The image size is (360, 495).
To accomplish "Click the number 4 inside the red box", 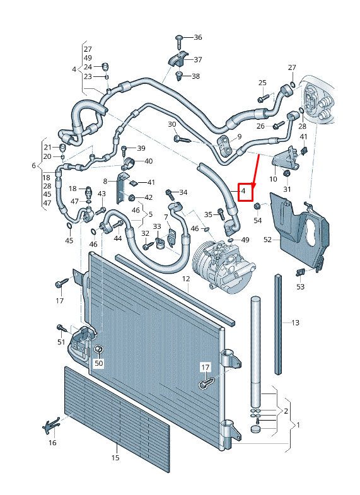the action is pos(243,191).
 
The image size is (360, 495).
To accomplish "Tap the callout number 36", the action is pos(198,37).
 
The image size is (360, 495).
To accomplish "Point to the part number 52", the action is pos(267,240).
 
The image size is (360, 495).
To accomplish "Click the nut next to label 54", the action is pos(257,206).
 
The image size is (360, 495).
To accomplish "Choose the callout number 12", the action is pos(186,279).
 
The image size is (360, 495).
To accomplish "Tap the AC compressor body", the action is pos(223,266).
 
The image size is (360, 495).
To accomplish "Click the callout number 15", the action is pos(115,457).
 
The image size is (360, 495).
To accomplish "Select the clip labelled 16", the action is pos(51,426).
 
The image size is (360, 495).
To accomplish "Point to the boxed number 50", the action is pos(99,363).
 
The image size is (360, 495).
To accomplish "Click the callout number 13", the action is pos(295,323).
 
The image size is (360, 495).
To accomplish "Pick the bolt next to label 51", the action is pos(62,329).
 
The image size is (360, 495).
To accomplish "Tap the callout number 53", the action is pos(300,287).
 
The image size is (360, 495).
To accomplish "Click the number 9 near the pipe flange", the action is pos(240,137).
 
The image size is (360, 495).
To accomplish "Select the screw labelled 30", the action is pos(182,139).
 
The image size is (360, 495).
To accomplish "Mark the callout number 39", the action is pos(141,148).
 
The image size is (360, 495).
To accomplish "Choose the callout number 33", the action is pos(157,226).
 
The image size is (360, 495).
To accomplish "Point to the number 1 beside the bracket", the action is pos(298,425).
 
